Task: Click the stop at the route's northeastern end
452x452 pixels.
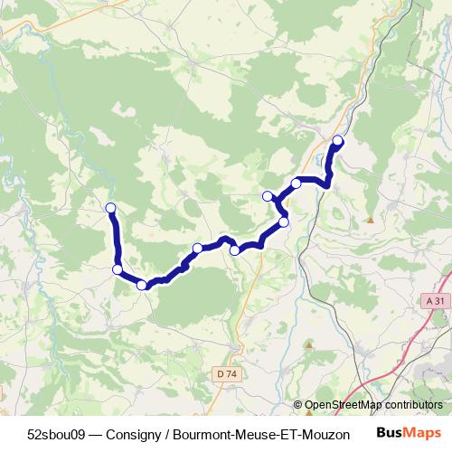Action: [338, 140]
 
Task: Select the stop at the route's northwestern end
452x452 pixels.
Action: [111, 209]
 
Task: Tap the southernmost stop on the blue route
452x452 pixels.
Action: [142, 285]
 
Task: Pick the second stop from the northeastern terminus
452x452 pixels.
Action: [296, 184]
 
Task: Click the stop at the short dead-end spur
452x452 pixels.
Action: [267, 196]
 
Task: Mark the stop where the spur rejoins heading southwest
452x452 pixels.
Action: [283, 221]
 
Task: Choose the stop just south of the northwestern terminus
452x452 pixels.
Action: [117, 268]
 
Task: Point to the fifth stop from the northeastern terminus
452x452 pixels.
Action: [235, 250]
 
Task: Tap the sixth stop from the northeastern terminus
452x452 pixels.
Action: [197, 248]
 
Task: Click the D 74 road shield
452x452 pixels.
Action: [226, 372]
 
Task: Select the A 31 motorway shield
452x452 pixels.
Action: [434, 301]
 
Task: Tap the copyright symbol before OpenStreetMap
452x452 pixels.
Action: [298, 406]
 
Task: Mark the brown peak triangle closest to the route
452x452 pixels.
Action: [370, 220]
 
